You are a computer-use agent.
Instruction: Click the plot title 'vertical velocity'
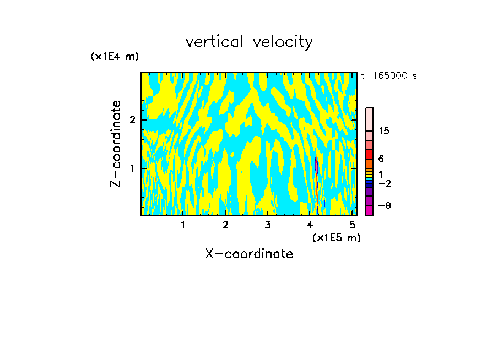coord(249,42)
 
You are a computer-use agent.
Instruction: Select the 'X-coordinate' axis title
coord(249,254)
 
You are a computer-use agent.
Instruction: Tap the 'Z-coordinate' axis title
coord(116,144)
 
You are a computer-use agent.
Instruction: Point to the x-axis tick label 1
coord(183,225)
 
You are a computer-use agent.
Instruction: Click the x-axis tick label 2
coord(225,225)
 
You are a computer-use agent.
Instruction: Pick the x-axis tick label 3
coord(268,225)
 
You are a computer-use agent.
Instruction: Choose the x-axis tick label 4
coord(310,225)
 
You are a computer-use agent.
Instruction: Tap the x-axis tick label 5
coord(352,225)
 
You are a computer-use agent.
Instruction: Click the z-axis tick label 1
coord(132,167)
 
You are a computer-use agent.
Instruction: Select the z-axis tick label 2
coord(132,120)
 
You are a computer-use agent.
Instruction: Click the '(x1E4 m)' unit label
coord(115,57)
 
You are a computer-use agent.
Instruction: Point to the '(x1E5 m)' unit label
coord(336,237)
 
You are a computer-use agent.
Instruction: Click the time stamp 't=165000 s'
coord(388,75)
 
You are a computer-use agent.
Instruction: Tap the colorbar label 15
coord(384,131)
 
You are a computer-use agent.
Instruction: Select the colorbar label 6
coord(381,159)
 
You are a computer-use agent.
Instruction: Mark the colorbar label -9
coord(384,205)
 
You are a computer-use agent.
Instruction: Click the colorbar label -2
coord(384,183)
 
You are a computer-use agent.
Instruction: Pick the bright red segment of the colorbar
coord(370,154)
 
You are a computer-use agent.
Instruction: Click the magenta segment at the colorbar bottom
coord(370,210)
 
